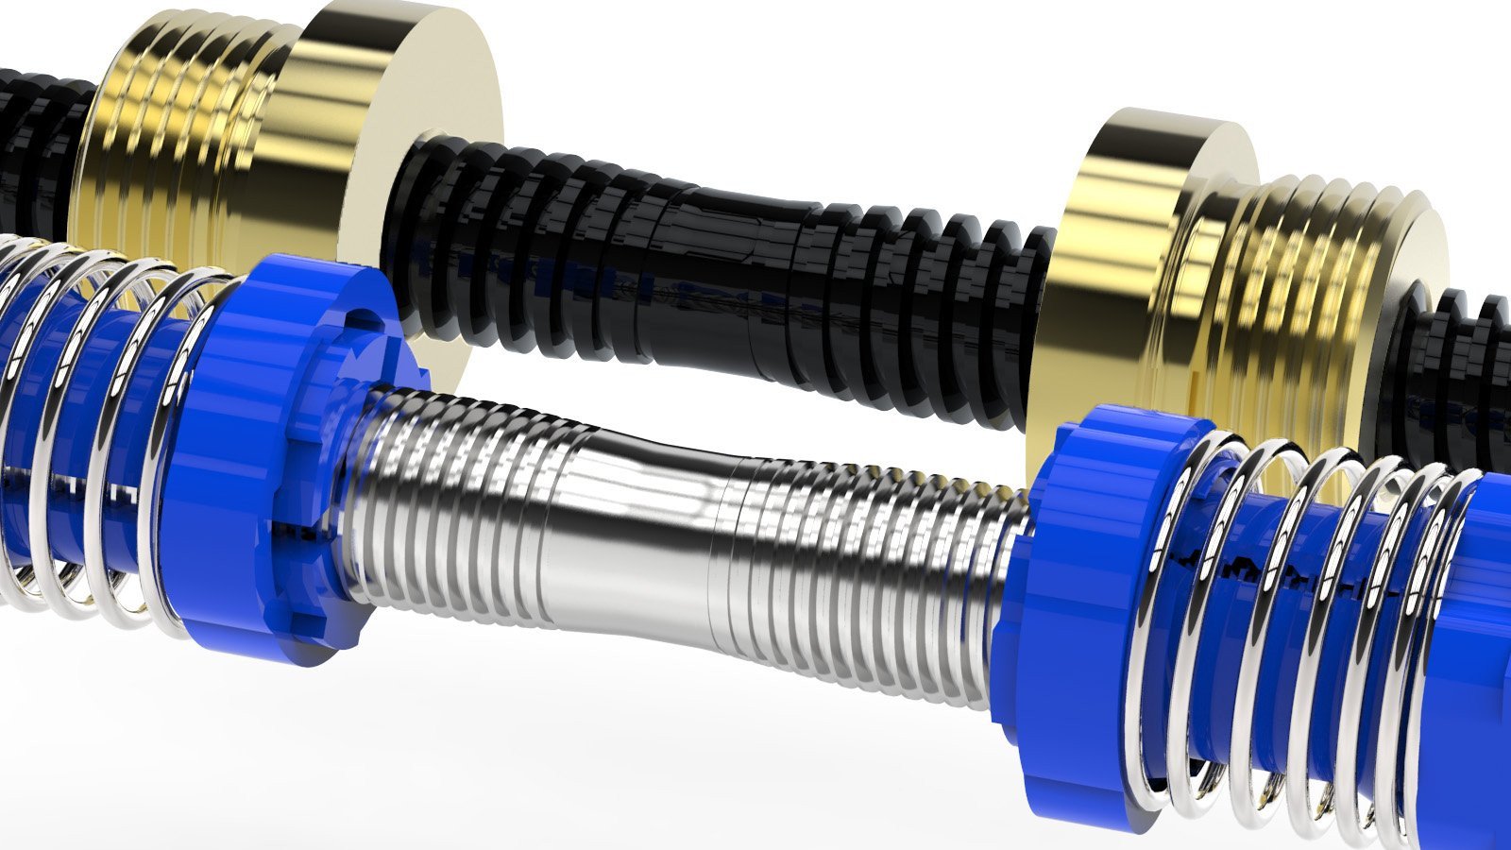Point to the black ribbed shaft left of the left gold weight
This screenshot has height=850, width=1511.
pyautogui.click(x=38, y=142)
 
